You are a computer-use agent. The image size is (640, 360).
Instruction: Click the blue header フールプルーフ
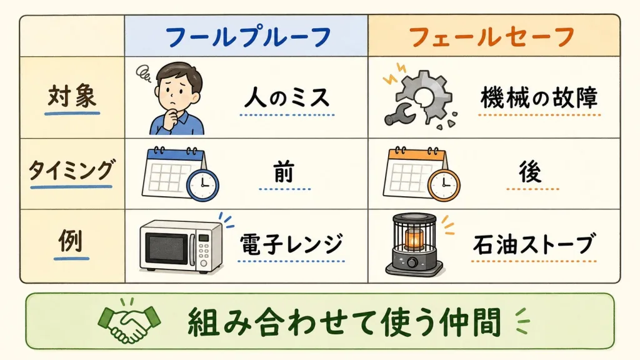point(248,37)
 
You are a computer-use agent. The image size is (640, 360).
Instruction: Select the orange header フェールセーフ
point(492,37)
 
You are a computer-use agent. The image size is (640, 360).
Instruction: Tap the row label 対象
point(72,96)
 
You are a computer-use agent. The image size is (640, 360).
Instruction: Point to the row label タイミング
point(71,170)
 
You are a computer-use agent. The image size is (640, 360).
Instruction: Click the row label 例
point(71,241)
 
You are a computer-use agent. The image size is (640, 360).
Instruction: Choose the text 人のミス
point(287,98)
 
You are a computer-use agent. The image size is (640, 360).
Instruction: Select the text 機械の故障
point(539,98)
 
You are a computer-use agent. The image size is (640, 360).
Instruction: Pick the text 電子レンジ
point(291,244)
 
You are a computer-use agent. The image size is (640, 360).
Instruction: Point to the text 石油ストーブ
point(533,244)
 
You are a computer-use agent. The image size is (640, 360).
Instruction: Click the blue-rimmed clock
point(202,185)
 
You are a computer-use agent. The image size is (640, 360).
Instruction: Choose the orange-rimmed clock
point(444,185)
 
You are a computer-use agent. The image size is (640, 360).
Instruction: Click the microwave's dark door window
point(167,248)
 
